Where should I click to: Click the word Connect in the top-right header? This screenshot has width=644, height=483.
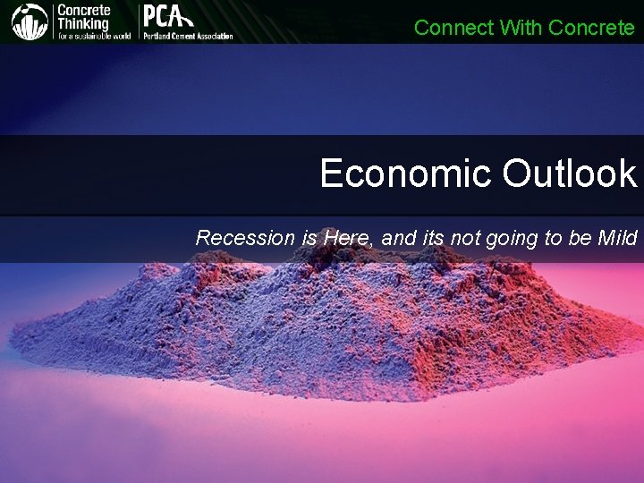(x=453, y=28)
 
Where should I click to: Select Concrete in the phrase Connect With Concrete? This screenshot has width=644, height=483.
(x=591, y=28)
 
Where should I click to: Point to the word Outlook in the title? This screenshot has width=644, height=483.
(x=569, y=174)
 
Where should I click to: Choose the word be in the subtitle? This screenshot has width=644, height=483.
(x=572, y=238)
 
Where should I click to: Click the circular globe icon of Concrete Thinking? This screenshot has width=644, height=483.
(x=30, y=21)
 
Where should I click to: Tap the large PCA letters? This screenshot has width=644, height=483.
(x=168, y=17)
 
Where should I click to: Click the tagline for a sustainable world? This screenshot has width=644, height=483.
(x=94, y=36)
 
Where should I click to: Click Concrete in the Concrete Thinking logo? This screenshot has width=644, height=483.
(x=84, y=10)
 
